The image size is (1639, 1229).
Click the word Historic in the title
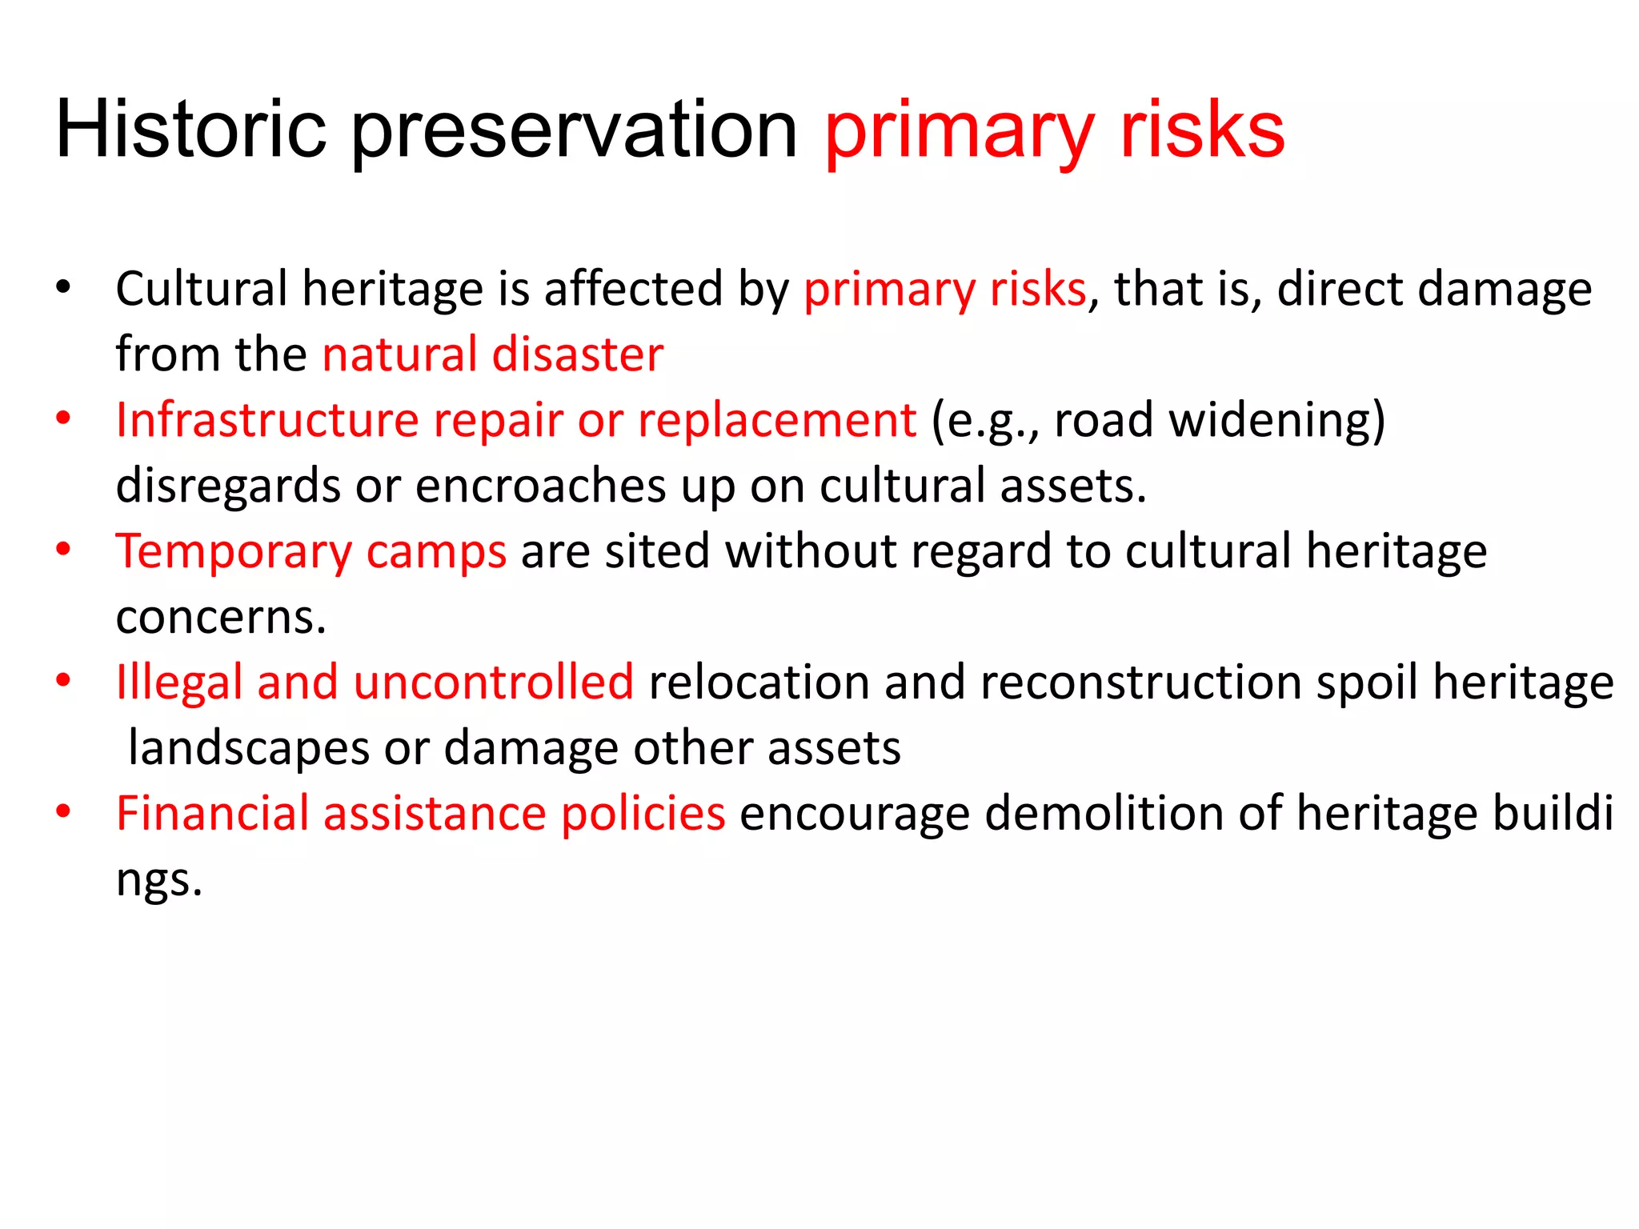(x=190, y=130)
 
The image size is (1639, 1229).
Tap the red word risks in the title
(x=1202, y=130)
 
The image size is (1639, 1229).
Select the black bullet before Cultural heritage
(x=64, y=287)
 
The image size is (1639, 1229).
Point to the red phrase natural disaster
(x=492, y=354)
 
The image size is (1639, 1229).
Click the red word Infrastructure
(x=266, y=419)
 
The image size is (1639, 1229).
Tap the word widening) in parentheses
(x=1276, y=421)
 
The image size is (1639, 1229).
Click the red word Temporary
(x=233, y=552)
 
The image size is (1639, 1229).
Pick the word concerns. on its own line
(x=221, y=617)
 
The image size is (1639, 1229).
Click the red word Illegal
(x=178, y=683)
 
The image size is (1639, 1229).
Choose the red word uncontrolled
(x=493, y=682)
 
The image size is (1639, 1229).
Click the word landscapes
(x=248, y=748)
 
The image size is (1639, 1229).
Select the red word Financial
(x=212, y=813)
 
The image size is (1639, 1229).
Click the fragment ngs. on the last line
(x=158, y=880)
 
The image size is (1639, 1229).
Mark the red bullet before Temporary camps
(x=64, y=550)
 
